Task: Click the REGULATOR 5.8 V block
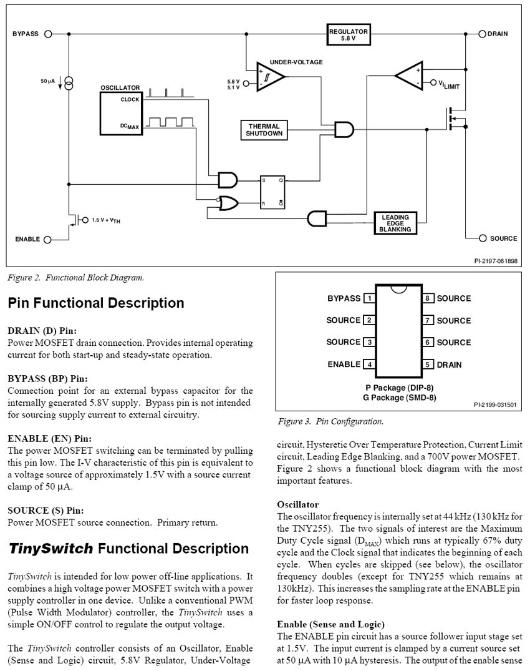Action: (349, 34)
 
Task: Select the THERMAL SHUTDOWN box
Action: (264, 129)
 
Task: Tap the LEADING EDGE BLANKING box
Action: (395, 223)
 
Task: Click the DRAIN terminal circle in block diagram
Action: (482, 34)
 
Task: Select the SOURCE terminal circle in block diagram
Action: (482, 238)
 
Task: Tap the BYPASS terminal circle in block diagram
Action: (48, 34)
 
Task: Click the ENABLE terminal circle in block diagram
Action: (48, 239)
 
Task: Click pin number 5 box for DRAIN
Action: (428, 365)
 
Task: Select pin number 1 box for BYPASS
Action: (369, 298)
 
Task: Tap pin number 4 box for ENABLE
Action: (369, 365)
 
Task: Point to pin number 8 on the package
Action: (428, 298)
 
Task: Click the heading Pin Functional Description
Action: (96, 303)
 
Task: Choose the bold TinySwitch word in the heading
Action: (51, 549)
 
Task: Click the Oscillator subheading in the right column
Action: (297, 504)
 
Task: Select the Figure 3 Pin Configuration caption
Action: (330, 422)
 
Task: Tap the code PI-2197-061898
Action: (496, 261)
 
